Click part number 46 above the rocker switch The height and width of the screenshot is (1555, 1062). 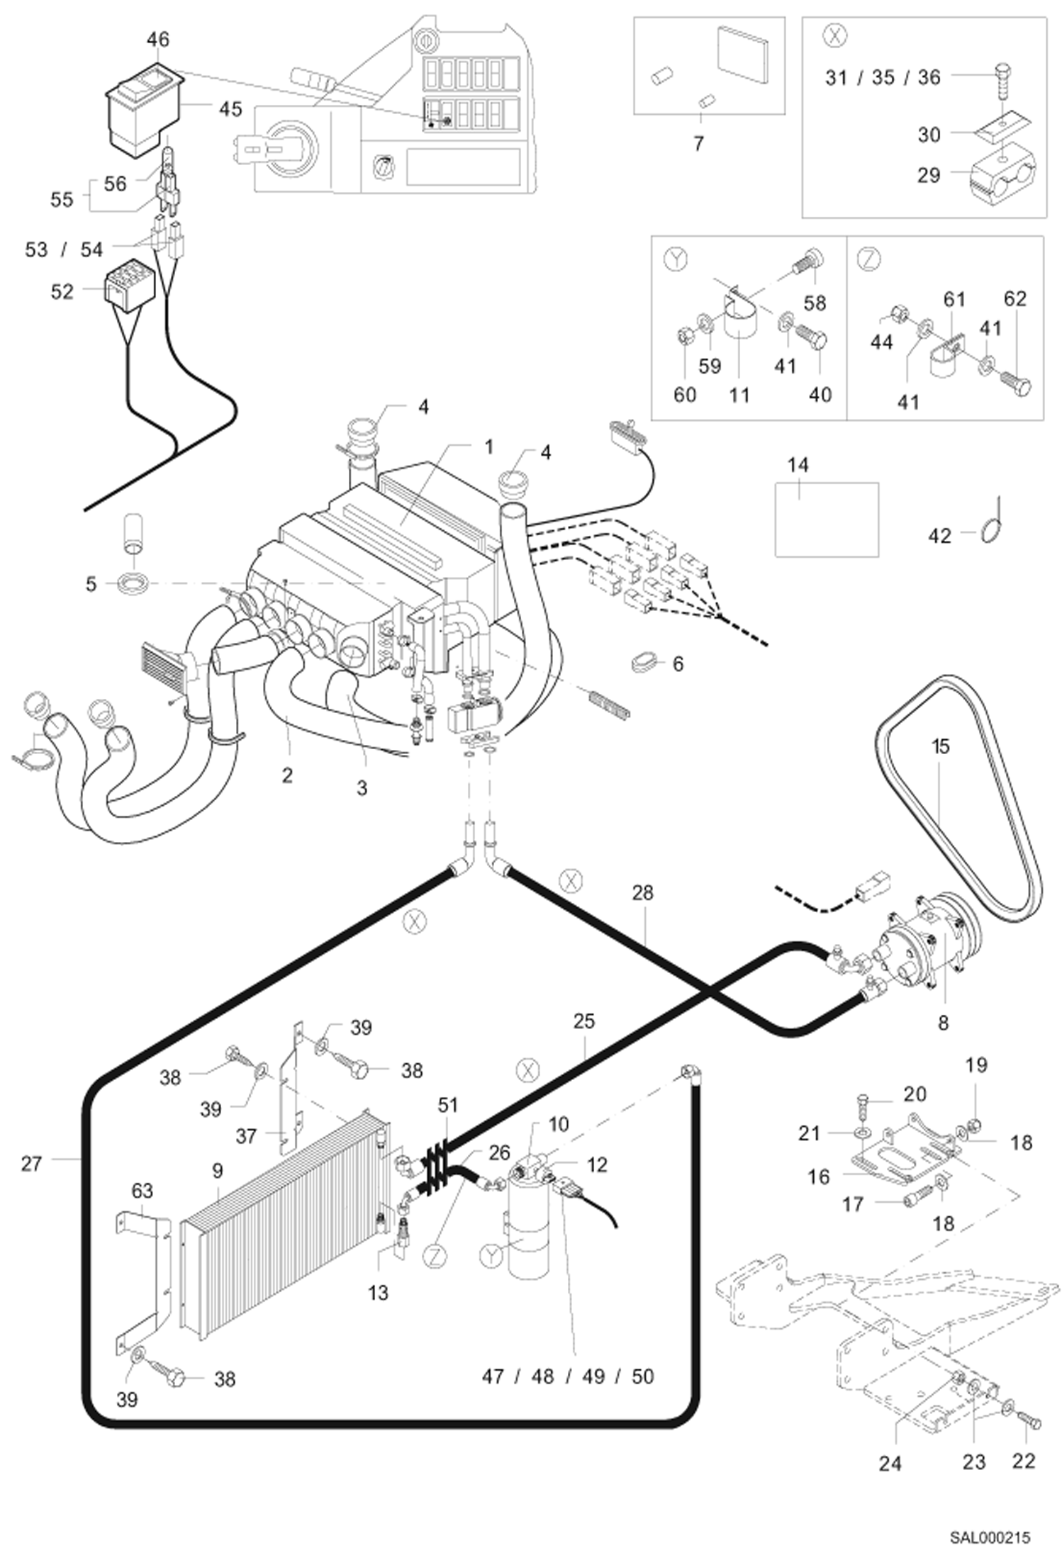click(158, 40)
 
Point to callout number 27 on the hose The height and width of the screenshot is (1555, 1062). click(32, 1164)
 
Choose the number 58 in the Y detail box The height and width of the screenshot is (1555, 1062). click(815, 303)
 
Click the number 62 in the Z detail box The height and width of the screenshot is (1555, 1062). click(1015, 299)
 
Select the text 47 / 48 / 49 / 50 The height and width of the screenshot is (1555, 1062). click(568, 1376)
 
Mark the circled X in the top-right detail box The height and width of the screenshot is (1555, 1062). click(837, 38)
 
